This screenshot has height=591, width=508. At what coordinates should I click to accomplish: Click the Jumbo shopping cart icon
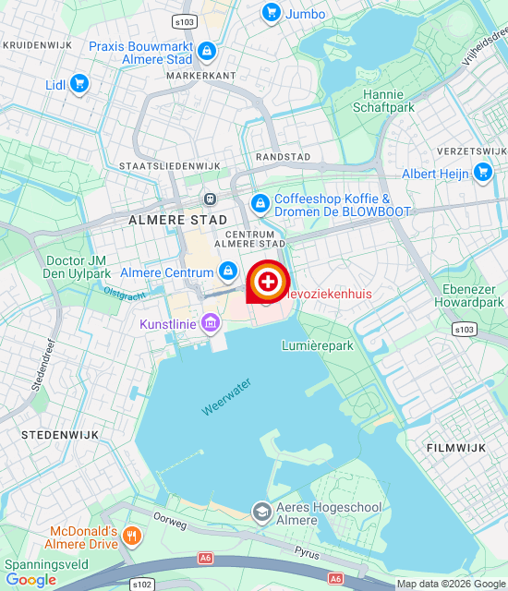(x=271, y=12)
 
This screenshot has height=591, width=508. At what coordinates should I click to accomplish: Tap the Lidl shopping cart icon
(x=79, y=84)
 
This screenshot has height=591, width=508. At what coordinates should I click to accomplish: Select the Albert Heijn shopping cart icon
(x=482, y=172)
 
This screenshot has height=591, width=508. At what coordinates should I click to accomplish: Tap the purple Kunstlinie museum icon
(x=211, y=322)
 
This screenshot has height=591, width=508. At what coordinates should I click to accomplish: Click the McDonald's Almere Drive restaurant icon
(x=132, y=536)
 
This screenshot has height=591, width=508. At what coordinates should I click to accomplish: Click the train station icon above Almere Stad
(x=211, y=199)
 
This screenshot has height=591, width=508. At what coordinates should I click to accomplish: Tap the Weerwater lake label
(x=223, y=397)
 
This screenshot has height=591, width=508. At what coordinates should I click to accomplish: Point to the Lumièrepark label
(x=317, y=345)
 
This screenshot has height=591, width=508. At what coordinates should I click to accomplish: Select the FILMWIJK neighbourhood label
(x=456, y=447)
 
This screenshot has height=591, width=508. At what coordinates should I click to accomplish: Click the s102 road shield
(x=141, y=585)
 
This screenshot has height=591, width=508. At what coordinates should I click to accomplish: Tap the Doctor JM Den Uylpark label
(x=78, y=267)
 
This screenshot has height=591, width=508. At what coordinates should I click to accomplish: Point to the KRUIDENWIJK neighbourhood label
(x=38, y=44)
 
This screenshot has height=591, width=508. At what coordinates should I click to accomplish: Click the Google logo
(x=30, y=580)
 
